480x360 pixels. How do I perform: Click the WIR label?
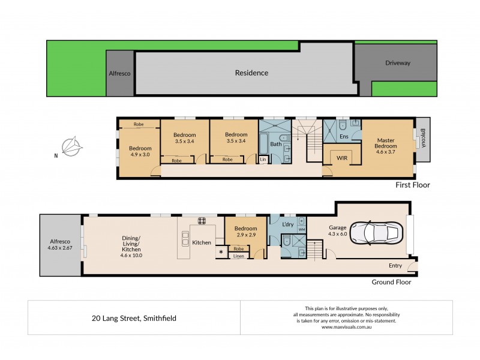tap(342, 157)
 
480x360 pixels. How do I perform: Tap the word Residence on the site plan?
tap(251, 73)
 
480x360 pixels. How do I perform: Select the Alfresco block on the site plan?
tap(119, 74)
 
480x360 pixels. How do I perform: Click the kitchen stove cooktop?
tap(202, 220)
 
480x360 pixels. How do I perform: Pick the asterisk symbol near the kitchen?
tap(221, 253)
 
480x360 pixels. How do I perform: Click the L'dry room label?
tap(287, 224)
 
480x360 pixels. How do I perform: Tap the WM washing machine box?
tap(301, 229)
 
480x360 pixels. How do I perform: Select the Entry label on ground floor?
tap(395, 266)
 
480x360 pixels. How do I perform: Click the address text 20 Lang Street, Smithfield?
tap(134, 317)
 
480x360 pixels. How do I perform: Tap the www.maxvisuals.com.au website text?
tap(346, 327)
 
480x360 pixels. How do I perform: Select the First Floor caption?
tap(412, 185)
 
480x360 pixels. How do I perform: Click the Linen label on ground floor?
tap(239, 256)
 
